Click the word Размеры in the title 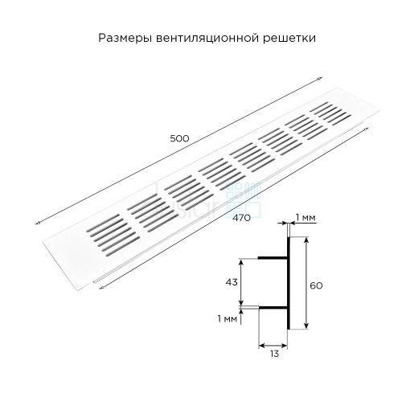tap(125, 38)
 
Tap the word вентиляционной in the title tap(207, 39)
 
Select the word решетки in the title tap(289, 39)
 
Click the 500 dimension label tap(179, 138)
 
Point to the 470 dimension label tap(241, 218)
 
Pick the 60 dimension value tap(316, 285)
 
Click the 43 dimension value tap(232, 282)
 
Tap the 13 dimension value tap(274, 354)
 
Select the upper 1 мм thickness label tap(306, 217)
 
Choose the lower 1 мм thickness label tap(228, 318)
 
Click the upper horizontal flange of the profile tap(273, 258)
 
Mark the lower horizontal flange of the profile tap(273, 307)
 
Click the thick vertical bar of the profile tap(289, 283)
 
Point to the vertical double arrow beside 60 tap(306, 283)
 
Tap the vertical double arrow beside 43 tap(241, 282)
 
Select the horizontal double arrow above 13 tap(273, 345)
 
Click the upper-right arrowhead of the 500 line tap(320, 78)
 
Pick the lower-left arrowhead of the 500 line tap(38, 223)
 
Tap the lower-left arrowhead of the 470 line tap(101, 288)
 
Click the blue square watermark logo tap(244, 200)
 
